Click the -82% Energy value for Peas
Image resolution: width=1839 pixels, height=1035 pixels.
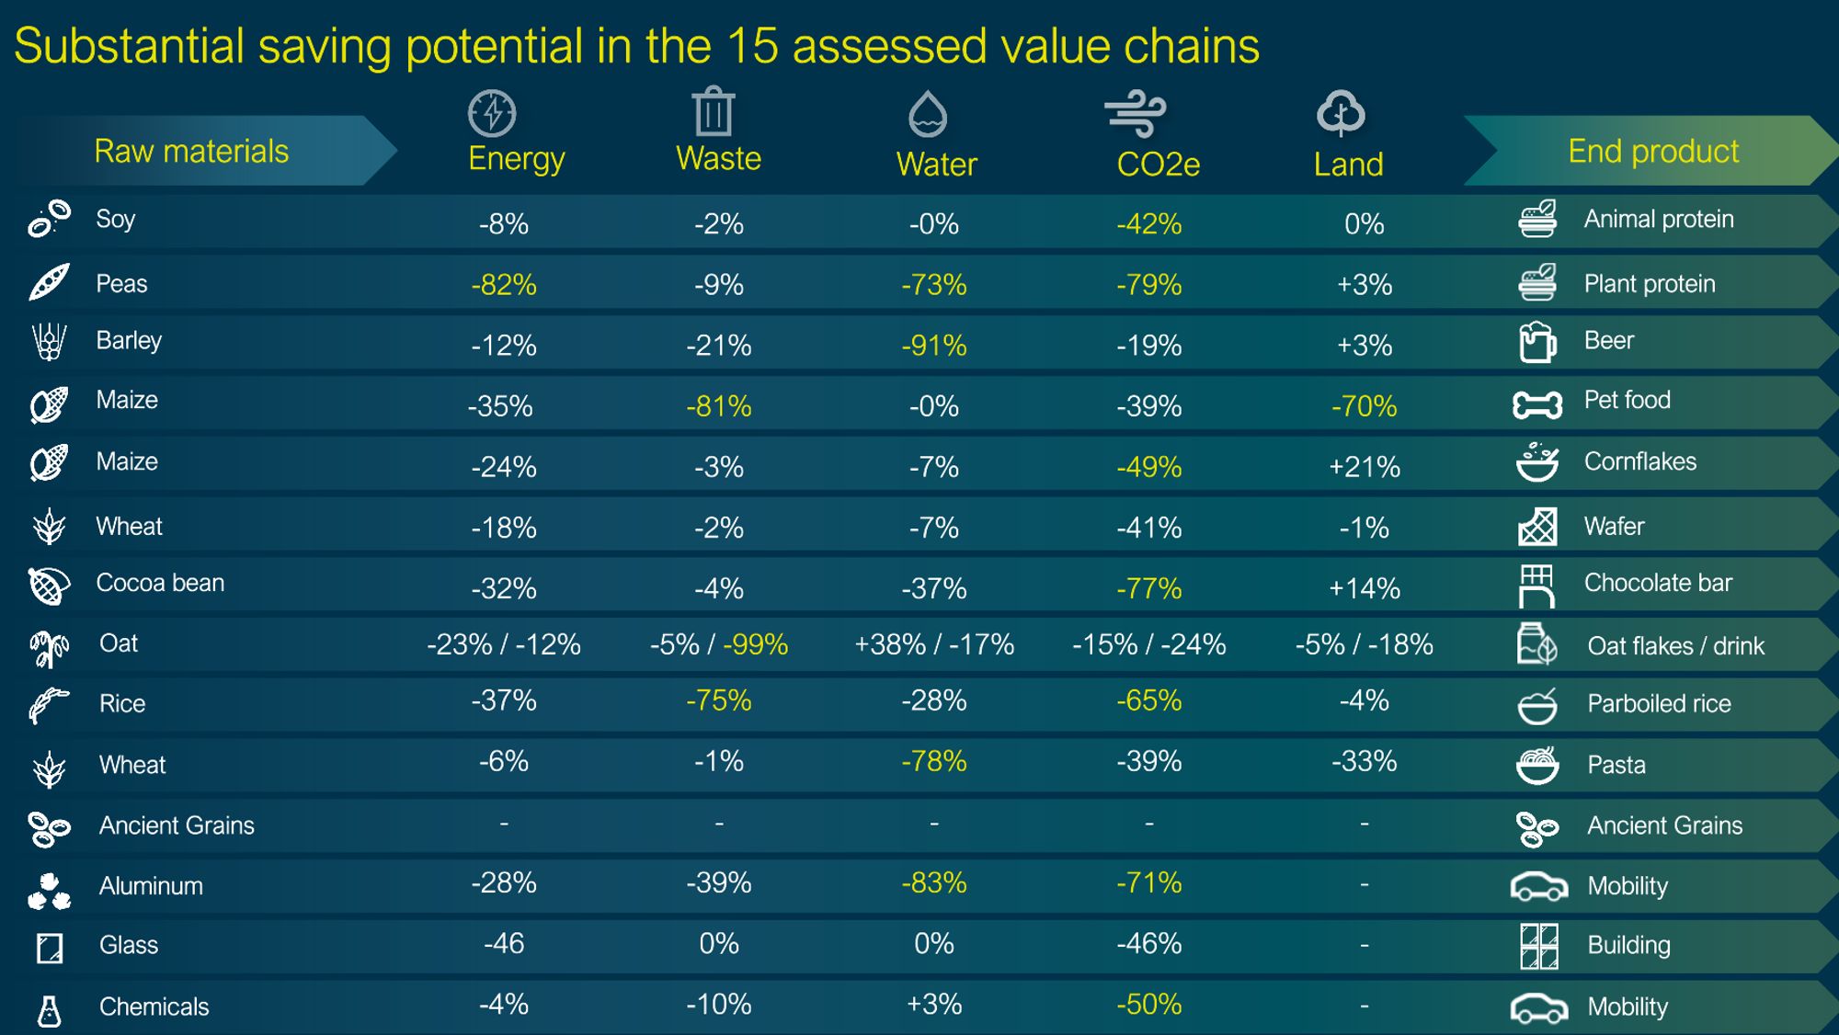[x=503, y=285]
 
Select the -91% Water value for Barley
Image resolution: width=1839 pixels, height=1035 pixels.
[x=933, y=346]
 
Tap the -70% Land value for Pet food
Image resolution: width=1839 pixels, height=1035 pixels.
[x=1364, y=406]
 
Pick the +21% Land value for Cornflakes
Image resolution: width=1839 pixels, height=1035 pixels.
[x=1364, y=467]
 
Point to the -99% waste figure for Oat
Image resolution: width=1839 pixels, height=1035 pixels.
[x=755, y=644]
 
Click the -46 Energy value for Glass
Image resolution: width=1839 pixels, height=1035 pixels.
[x=504, y=943]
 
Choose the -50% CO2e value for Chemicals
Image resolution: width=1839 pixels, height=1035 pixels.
[x=1148, y=1004]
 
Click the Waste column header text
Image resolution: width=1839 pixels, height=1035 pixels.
[x=718, y=159]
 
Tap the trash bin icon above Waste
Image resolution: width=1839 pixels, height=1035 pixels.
[x=714, y=111]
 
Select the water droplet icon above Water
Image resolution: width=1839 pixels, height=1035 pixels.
[x=927, y=113]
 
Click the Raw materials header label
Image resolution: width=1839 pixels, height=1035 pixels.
[x=191, y=151]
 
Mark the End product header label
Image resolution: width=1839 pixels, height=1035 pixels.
[x=1652, y=151]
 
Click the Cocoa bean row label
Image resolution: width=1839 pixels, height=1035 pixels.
[x=160, y=583]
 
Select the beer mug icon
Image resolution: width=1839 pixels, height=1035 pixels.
[x=1536, y=342]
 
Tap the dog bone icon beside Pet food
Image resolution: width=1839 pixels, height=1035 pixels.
[x=1536, y=404]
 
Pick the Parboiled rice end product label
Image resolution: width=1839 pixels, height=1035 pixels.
[x=1659, y=704]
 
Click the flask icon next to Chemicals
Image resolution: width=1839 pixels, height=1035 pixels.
[x=49, y=1010]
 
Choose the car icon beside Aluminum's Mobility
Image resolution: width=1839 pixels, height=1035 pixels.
[x=1538, y=886]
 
